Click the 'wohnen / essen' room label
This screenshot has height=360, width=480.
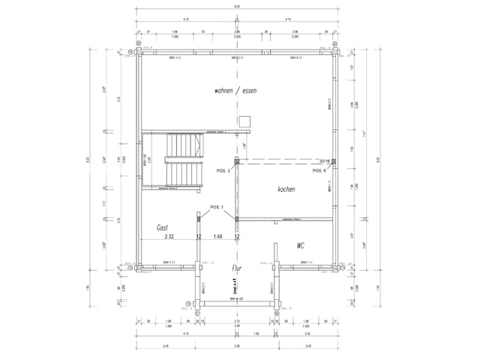pyautogui.click(x=235, y=91)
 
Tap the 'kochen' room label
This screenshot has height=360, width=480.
pyautogui.click(x=286, y=189)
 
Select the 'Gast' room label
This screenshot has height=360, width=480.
pyautogui.click(x=162, y=227)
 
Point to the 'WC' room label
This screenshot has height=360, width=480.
pyautogui.click(x=300, y=245)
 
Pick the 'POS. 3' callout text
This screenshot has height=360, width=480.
pyautogui.click(x=223, y=172)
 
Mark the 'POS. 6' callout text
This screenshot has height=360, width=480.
pyautogui.click(x=319, y=171)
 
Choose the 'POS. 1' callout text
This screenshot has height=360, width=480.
pyautogui.click(x=217, y=207)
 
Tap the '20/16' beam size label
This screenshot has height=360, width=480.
pyautogui.click(x=325, y=161)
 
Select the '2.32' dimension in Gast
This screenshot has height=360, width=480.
pyautogui.click(x=170, y=237)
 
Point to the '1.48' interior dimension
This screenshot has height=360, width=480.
pyautogui.click(x=217, y=237)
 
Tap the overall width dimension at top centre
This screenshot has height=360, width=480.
pyautogui.click(x=237, y=7)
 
